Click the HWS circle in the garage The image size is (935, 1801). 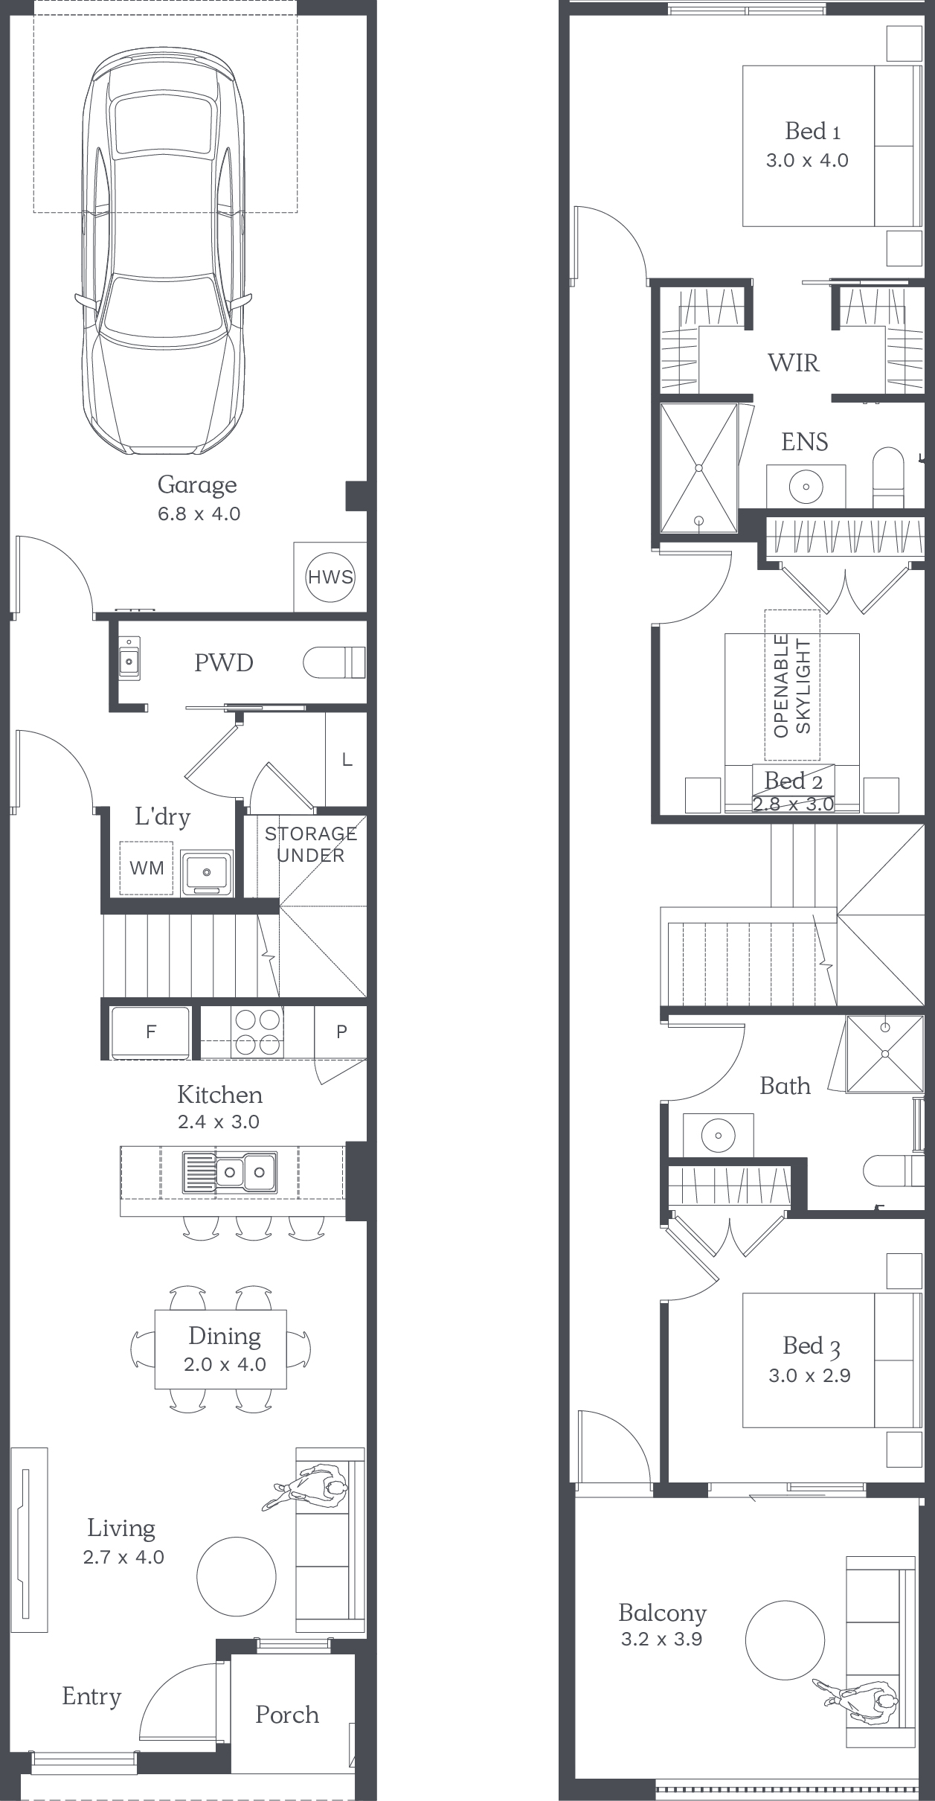pos(330,577)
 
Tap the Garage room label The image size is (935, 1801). pos(197,484)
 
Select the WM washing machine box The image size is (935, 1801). pos(147,868)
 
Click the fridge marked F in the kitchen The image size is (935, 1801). pos(150,1031)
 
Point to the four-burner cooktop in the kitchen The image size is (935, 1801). pos(258,1031)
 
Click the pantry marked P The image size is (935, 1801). pos(341,1031)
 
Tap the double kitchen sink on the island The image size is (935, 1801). pos(230,1172)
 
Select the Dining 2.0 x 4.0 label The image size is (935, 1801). pos(225,1349)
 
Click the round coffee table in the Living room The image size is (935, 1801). pos(237,1576)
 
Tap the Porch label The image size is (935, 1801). pos(287,1715)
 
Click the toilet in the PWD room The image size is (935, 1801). pos(334,662)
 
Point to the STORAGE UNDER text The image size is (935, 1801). pos(311,845)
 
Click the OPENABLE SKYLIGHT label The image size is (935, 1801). pos(792,685)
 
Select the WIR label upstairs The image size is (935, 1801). pos(794,362)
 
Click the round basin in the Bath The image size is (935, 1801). pos(719,1136)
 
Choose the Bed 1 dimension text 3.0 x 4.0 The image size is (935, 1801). pos(807,160)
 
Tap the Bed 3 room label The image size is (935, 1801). pos(812,1346)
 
